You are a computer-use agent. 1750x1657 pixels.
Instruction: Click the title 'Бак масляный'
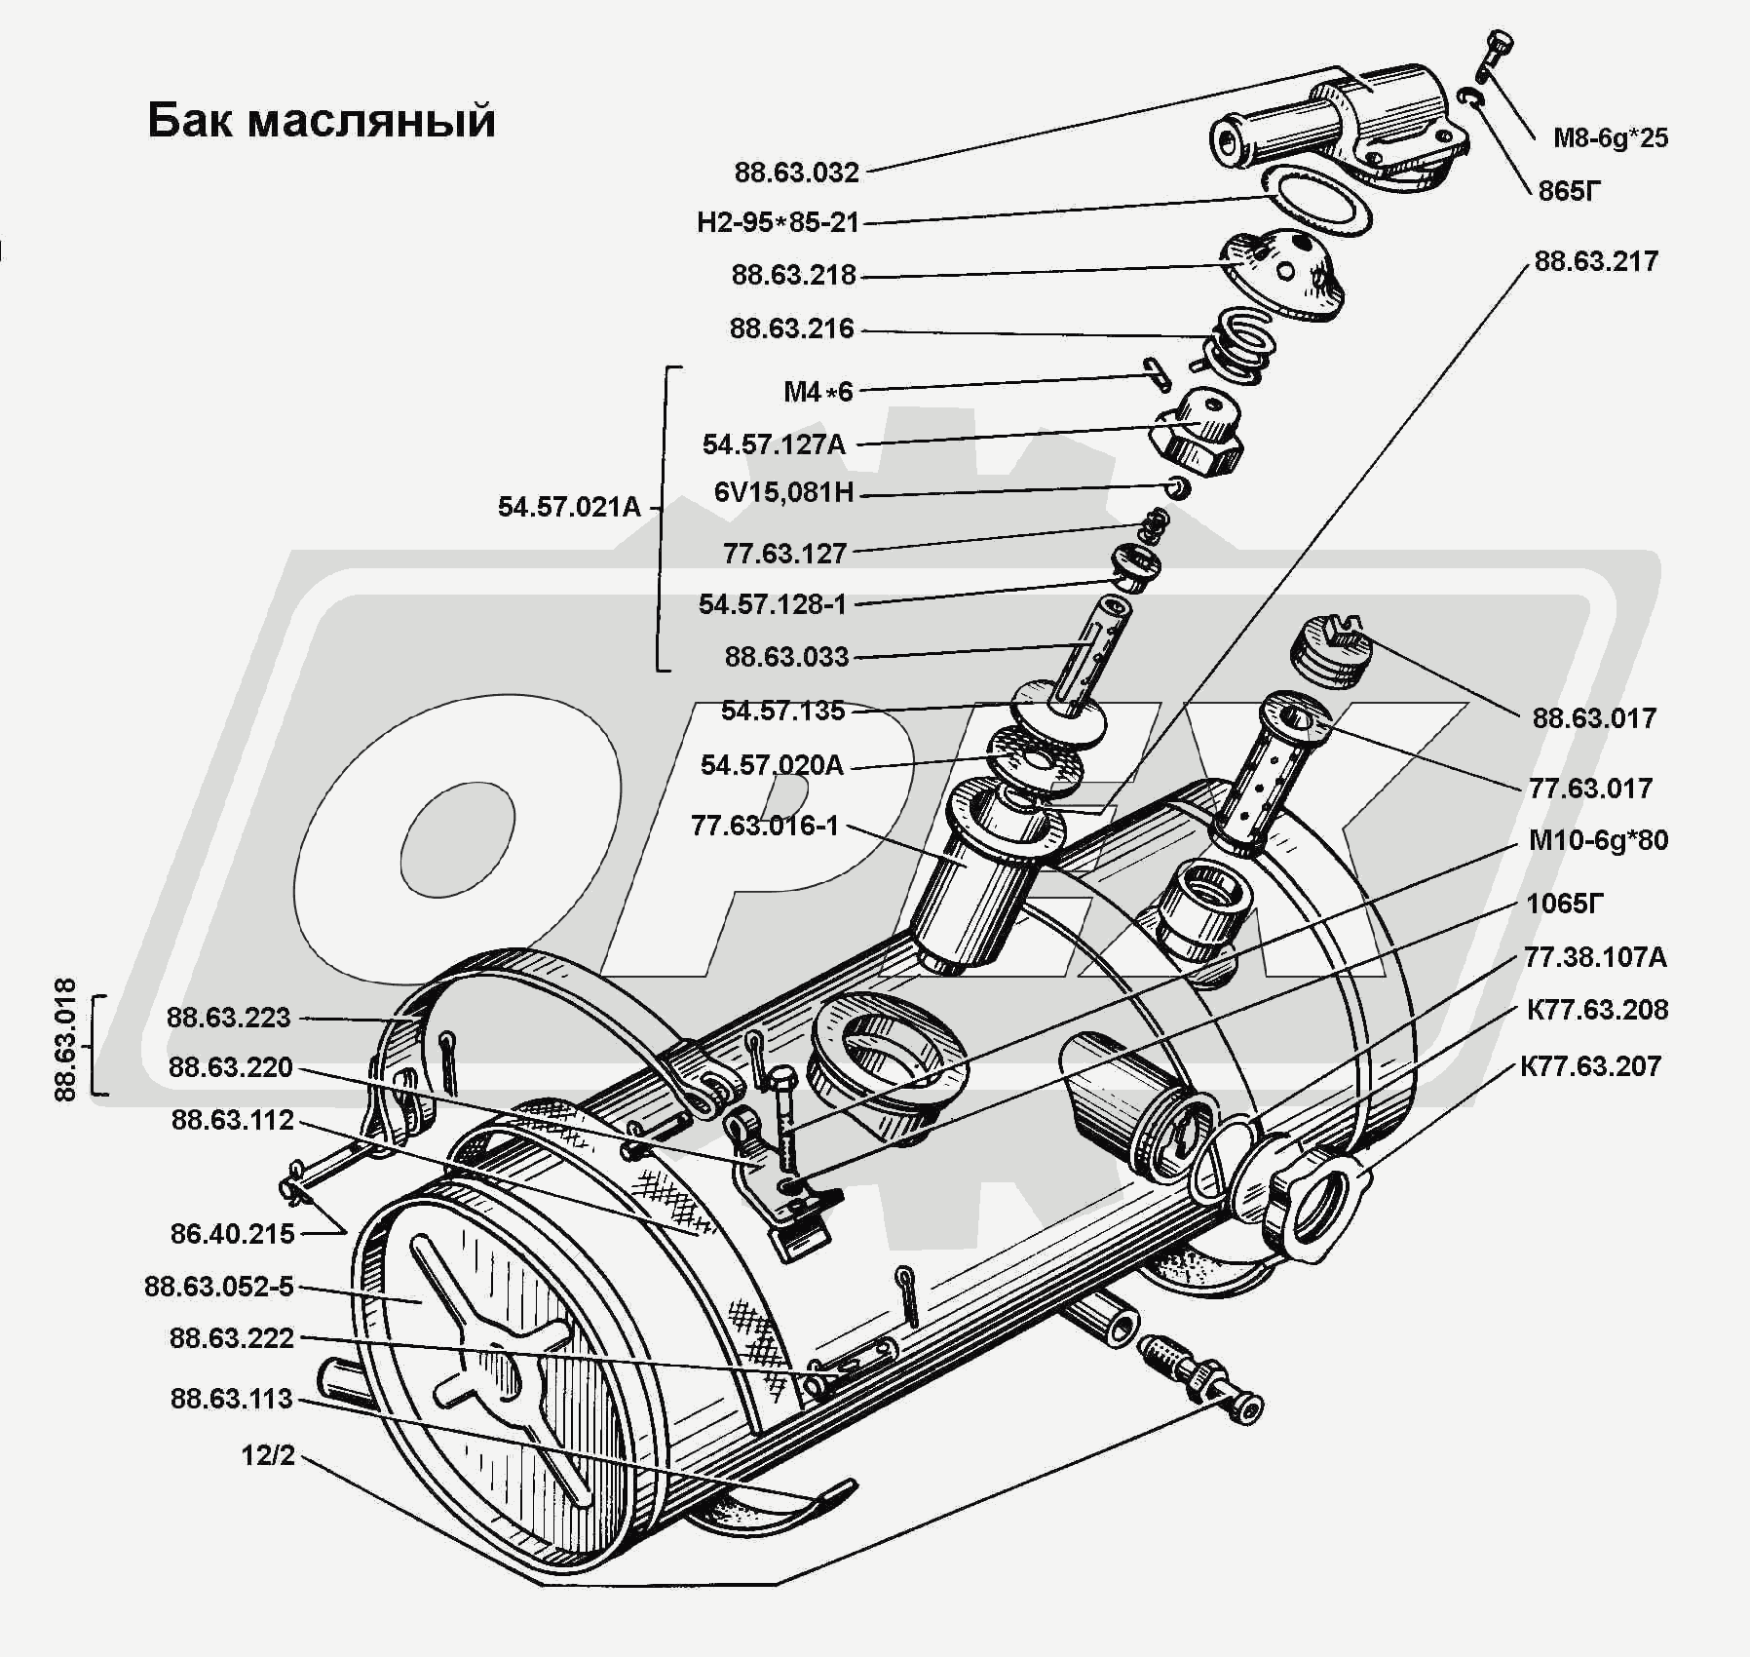(322, 122)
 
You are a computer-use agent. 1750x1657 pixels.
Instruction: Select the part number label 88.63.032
(796, 173)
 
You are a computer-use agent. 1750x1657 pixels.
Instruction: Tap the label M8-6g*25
(1610, 138)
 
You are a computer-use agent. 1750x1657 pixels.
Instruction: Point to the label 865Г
(1569, 191)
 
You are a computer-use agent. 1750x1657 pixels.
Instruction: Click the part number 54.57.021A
(569, 508)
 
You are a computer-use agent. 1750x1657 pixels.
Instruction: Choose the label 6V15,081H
(783, 493)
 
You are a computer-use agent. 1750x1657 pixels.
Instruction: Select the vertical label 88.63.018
(65, 1039)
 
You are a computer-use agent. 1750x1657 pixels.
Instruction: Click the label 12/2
(268, 1456)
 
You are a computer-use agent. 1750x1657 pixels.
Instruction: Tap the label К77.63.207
(1589, 1067)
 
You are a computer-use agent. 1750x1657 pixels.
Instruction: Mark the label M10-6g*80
(1597, 840)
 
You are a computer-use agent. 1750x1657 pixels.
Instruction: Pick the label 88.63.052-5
(218, 1287)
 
